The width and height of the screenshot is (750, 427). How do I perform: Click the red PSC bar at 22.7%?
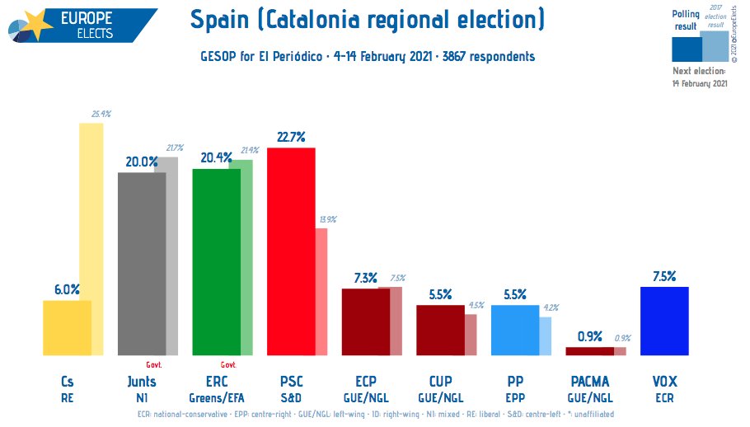290,251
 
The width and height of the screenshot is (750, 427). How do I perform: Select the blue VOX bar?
664,321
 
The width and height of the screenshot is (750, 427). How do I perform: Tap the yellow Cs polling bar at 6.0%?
67,328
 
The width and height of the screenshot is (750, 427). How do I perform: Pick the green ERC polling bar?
216,262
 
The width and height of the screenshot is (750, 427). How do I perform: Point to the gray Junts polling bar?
142,264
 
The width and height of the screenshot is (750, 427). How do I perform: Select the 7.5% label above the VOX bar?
664,276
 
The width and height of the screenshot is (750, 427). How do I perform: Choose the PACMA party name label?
589,382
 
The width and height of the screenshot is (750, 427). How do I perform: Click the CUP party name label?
440,382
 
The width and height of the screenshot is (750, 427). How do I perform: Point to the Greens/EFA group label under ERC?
216,397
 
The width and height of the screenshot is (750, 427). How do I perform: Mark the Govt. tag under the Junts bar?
154,364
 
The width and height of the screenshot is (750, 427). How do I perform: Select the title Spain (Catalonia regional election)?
367,18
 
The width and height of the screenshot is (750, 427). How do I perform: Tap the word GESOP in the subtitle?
218,57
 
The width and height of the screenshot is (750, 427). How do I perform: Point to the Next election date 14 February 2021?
700,83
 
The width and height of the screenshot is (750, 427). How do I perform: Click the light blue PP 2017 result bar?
546,336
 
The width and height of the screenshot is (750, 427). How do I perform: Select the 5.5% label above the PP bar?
514,294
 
